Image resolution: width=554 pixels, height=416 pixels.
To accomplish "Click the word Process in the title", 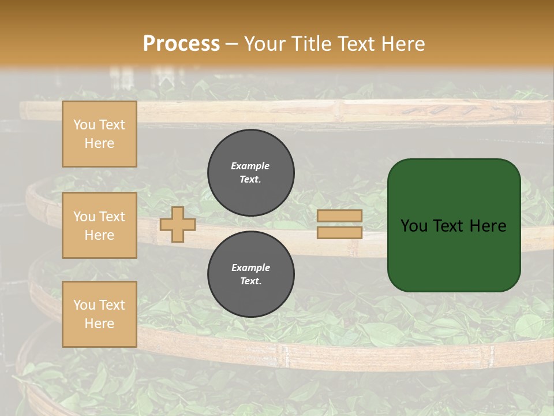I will click(181, 44).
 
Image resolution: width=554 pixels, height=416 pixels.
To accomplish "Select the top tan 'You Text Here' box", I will click(99, 134).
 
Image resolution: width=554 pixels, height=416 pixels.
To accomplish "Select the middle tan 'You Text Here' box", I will click(99, 225).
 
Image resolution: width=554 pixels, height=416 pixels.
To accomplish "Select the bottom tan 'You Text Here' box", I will click(99, 314).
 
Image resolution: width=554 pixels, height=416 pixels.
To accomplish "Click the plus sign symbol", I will click(178, 225).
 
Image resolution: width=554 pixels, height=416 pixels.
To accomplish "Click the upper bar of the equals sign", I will click(340, 216).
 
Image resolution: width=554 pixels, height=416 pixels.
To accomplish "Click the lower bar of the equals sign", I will click(340, 233).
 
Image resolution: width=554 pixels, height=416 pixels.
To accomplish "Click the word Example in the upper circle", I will click(250, 166).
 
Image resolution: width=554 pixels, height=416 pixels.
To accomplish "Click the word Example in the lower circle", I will click(250, 268).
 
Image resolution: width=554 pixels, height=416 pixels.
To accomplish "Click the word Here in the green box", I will click(488, 226).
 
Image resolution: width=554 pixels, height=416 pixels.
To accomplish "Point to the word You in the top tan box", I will click(84, 125).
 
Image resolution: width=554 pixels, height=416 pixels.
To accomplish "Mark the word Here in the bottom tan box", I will click(99, 324).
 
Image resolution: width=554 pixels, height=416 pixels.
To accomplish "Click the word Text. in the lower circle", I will click(250, 281).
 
